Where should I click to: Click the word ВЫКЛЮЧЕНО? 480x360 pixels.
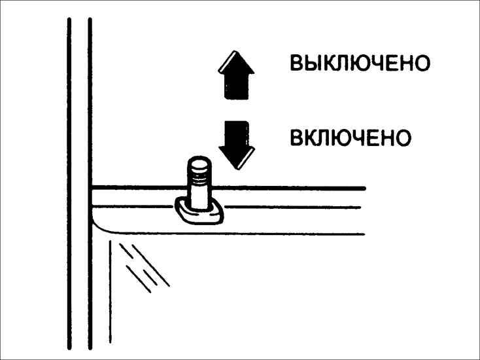point(360,63)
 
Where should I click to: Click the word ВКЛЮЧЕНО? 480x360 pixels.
point(351,137)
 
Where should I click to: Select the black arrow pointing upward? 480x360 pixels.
point(236,75)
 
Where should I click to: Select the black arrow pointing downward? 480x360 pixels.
point(237,145)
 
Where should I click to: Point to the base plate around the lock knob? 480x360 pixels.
point(199,212)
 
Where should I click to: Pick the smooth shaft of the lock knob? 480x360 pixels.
point(199,196)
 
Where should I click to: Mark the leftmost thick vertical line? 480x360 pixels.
point(69,184)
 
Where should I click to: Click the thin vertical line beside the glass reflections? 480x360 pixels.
point(111,292)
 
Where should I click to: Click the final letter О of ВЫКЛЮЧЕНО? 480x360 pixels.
point(422,63)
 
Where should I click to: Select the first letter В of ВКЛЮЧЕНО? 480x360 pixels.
point(296,137)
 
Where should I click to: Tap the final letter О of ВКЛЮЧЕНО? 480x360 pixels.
point(403,137)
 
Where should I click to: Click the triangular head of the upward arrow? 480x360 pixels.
point(236,62)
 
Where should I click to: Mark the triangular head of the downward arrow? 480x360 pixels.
point(237,158)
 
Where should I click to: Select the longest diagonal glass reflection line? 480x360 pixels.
point(151,266)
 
